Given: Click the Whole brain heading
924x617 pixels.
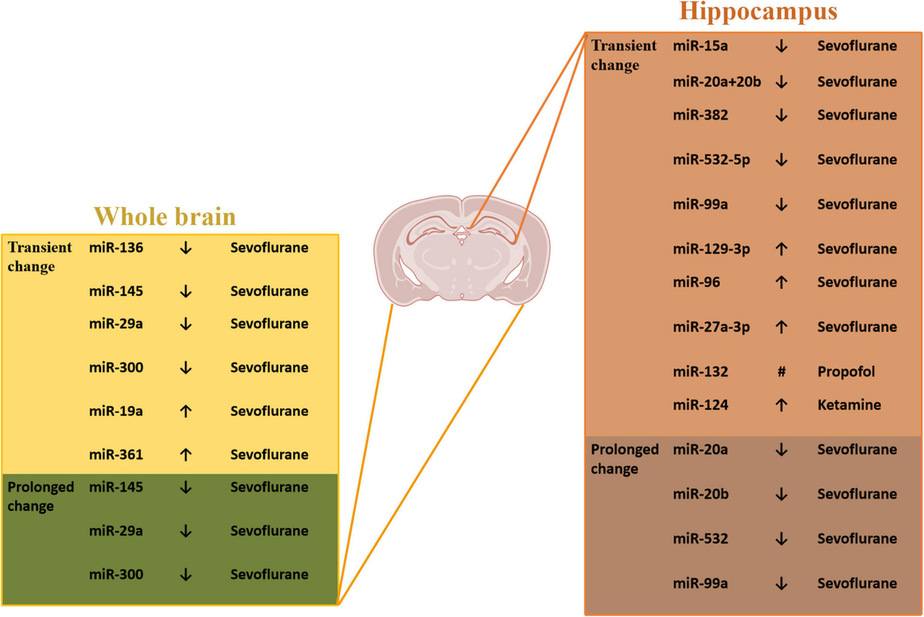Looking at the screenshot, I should pyautogui.click(x=164, y=216).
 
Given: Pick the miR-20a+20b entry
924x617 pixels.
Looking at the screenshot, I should pyautogui.click(x=717, y=82).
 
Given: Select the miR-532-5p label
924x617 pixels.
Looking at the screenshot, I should pyautogui.click(x=711, y=159).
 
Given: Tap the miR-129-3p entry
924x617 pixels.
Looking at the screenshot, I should pyautogui.click(x=711, y=249).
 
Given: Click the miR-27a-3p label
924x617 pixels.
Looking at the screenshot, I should pyautogui.click(x=711, y=327).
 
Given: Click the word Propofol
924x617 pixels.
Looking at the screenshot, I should pyautogui.click(x=846, y=371).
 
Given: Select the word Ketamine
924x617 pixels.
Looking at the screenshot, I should pyautogui.click(x=849, y=404).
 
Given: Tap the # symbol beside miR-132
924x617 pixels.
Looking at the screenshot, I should pyautogui.click(x=781, y=371).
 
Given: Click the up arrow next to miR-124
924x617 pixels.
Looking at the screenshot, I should pyautogui.click(x=781, y=405).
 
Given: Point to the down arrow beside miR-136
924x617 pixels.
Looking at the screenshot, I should pyautogui.click(x=185, y=249).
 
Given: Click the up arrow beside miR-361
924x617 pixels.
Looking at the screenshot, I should pyautogui.click(x=185, y=454).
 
